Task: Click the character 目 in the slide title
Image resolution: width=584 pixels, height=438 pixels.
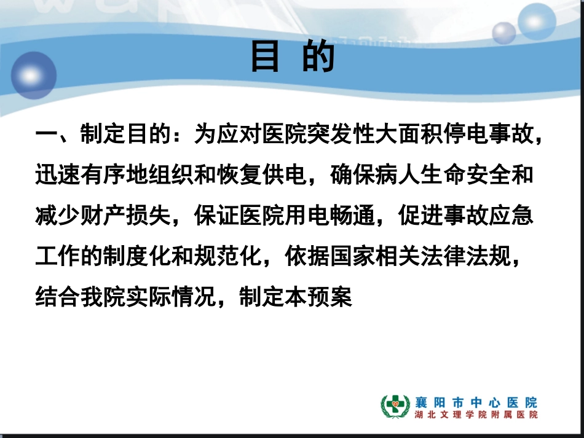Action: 265,57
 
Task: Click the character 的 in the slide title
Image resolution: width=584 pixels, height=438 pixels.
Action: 318,57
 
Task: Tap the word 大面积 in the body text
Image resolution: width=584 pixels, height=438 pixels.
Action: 400,134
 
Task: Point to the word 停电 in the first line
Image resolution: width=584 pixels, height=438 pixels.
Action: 457,134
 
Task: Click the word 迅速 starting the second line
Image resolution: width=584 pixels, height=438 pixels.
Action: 58,176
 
